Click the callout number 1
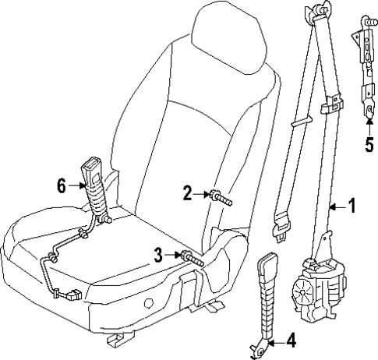[352, 206]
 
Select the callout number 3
[159, 254]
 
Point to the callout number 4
[291, 340]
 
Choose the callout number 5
[369, 143]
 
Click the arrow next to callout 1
[335, 207]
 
